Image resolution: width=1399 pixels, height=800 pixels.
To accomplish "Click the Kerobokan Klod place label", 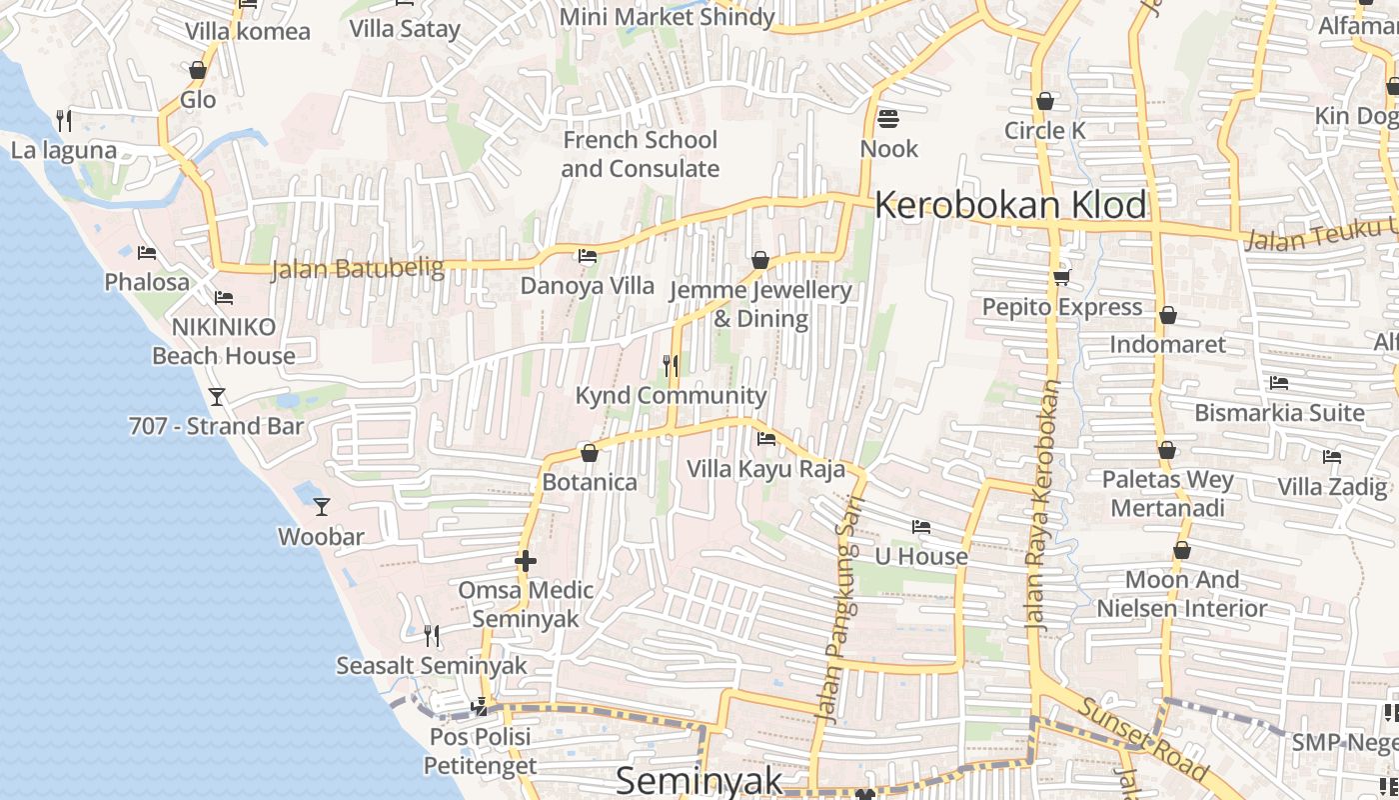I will [1010, 205].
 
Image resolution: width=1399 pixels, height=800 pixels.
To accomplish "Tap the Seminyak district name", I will [699, 781].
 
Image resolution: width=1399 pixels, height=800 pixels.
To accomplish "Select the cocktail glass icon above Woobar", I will [321, 507].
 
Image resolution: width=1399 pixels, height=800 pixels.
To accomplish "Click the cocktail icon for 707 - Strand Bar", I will [216, 397].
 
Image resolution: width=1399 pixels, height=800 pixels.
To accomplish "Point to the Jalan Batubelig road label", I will [343, 268].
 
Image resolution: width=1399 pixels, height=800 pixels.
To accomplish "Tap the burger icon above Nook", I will [888, 120].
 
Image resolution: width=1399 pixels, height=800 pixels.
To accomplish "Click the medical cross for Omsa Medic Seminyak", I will [526, 561].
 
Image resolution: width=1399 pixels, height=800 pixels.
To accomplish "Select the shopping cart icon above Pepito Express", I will [1061, 277].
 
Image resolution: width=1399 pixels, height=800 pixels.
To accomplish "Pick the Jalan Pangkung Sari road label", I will [838, 610].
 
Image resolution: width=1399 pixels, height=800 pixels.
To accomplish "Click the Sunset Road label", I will [1143, 739].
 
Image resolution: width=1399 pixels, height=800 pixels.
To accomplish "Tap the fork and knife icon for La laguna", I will [64, 121].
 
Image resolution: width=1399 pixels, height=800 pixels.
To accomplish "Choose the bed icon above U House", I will [921, 527].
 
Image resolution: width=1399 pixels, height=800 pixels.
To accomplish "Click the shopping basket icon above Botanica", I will [589, 454].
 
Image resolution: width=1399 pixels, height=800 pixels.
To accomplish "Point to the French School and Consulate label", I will [640, 154].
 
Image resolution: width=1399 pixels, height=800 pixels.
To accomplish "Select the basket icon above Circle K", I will [1045, 101].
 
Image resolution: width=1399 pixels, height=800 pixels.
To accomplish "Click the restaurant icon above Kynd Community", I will [671, 366].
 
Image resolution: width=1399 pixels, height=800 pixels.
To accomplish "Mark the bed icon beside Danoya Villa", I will [588, 257].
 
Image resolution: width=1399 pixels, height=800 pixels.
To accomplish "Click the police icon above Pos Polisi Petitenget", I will [480, 707].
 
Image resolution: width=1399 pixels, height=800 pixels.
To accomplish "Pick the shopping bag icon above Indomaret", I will [1167, 316].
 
